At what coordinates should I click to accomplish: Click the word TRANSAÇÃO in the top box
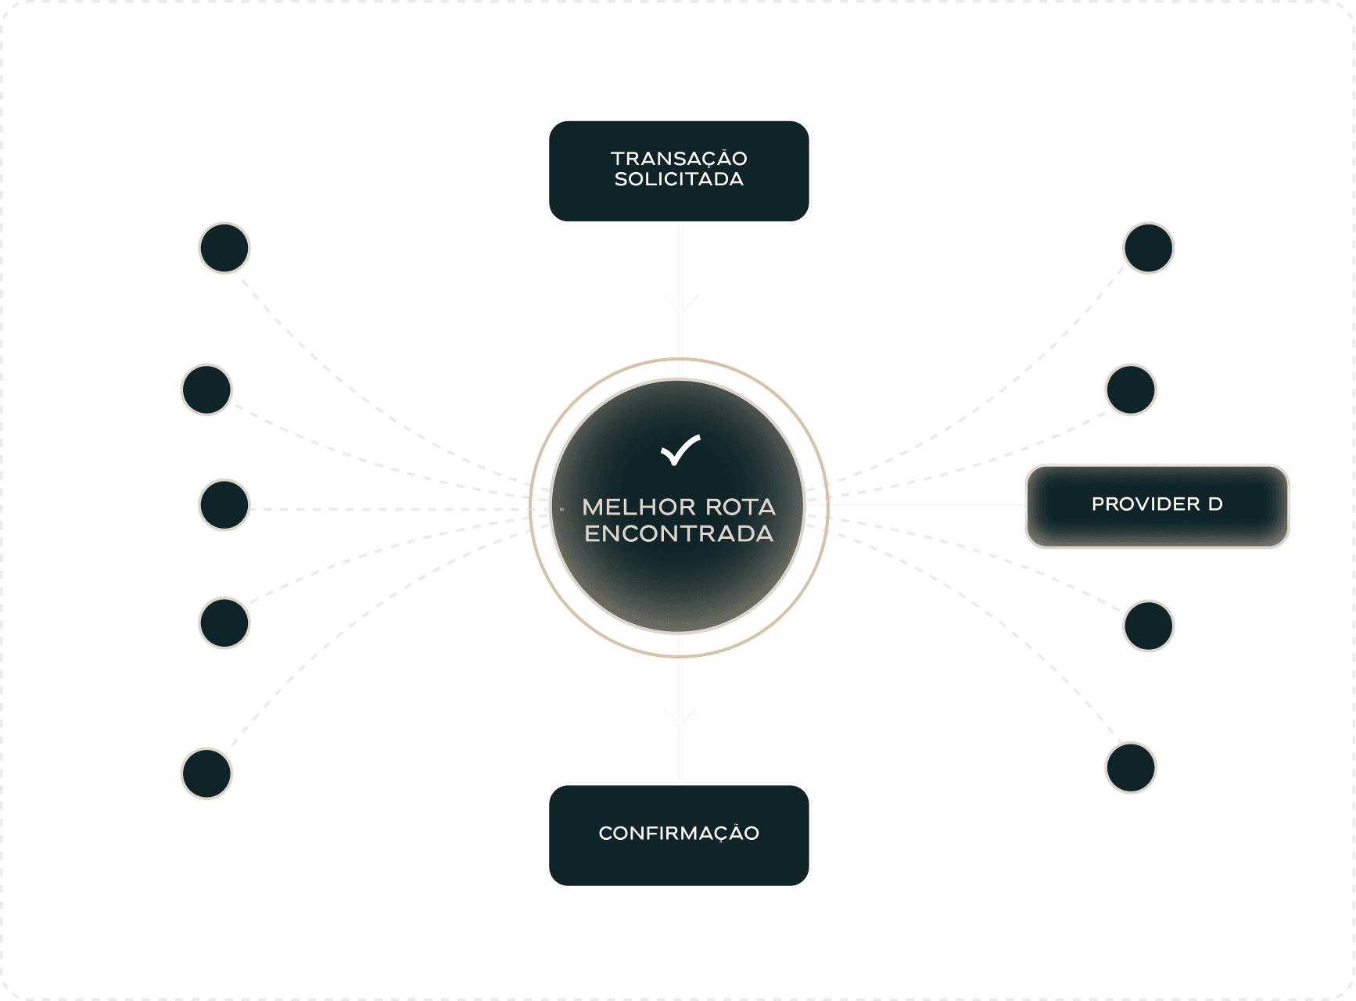[679, 159]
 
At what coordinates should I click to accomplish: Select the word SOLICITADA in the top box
[679, 180]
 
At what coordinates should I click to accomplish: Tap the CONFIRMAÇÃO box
[679, 834]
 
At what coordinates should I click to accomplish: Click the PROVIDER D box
[1156, 505]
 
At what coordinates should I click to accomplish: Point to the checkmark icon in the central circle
[680, 450]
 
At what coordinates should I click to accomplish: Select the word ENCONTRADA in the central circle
[679, 534]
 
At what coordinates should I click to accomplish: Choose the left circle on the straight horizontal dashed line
[224, 505]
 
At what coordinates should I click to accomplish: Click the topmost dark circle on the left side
[224, 248]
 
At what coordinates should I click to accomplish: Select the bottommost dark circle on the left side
[207, 773]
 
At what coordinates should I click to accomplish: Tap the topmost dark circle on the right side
[1148, 248]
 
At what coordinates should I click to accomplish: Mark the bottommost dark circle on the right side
[1131, 767]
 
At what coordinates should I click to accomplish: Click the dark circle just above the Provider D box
[1131, 389]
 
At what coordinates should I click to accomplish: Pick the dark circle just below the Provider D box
[1148, 626]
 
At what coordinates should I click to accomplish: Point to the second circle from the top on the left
[207, 389]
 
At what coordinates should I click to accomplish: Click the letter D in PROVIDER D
[1215, 504]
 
